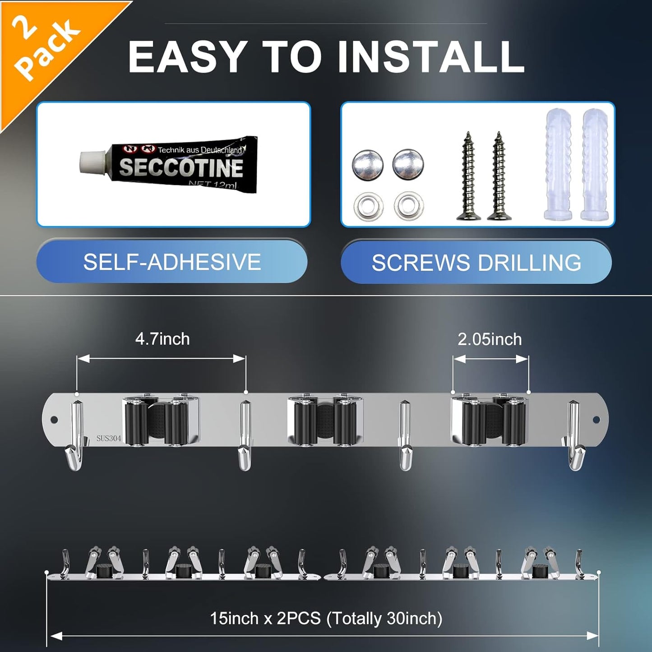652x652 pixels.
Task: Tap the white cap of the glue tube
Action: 93,164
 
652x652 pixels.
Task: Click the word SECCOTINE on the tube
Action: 181,167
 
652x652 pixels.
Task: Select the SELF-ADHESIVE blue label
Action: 172,262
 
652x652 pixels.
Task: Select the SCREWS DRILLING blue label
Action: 476,262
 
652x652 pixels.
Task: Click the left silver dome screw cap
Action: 368,164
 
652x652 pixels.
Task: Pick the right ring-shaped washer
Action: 409,205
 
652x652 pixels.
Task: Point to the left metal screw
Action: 469,176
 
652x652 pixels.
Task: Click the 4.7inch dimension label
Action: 162,339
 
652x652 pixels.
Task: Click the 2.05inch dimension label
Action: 490,339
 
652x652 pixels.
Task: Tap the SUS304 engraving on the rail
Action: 109,439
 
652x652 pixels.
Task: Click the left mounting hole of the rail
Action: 54,420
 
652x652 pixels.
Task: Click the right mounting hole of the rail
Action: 596,420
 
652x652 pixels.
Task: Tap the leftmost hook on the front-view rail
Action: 75,435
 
